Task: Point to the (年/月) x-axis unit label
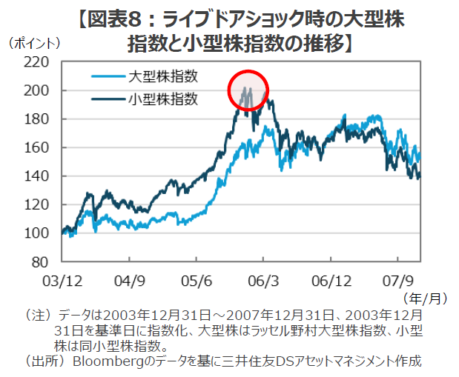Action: (425, 298)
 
